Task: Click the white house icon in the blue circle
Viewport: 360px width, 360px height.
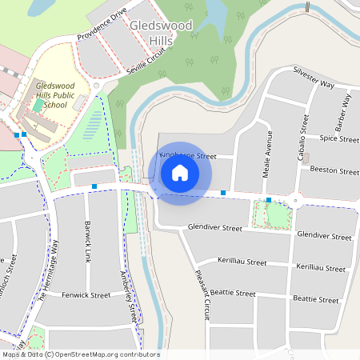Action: tap(180, 172)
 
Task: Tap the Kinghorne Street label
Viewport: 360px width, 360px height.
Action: tap(189, 155)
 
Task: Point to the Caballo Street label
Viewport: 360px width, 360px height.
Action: tap(303, 138)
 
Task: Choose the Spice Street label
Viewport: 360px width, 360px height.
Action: tap(339, 139)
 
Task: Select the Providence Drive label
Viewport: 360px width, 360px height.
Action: tap(102, 26)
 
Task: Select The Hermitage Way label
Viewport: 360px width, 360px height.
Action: tap(49, 273)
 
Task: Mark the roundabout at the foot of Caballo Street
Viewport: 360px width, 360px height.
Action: tap(296, 201)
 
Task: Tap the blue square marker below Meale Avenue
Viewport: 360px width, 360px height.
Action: tap(269, 200)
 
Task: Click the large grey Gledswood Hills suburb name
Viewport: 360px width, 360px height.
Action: tap(160, 34)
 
